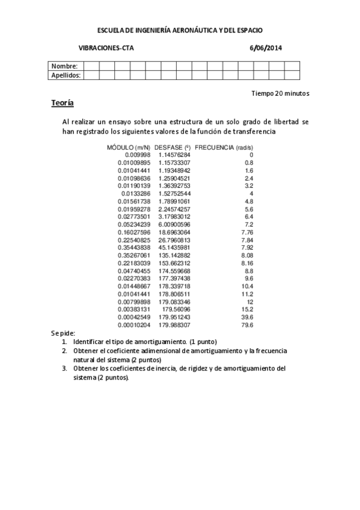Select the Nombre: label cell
tap(64, 66)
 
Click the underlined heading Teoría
tap(63, 104)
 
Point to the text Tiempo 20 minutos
tap(281, 94)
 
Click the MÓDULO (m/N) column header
tap(129, 147)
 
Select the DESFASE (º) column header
tap(172, 147)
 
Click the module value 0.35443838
tap(134, 248)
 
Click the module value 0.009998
tap(138, 155)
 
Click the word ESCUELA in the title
tap(111, 29)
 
